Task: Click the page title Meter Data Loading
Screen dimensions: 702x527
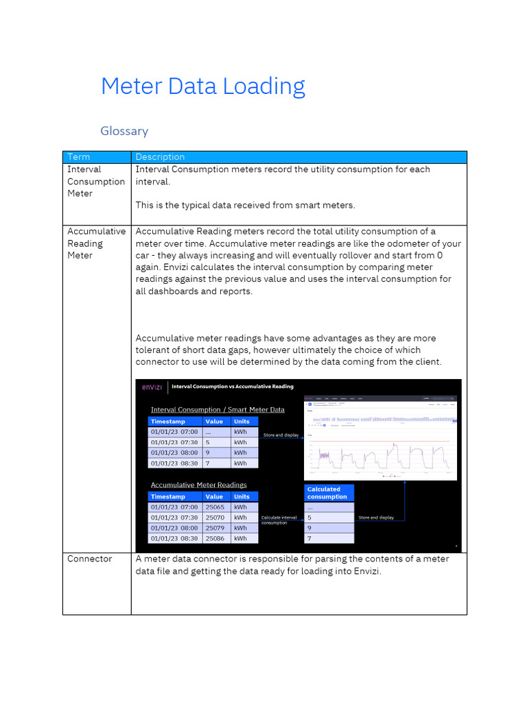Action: coord(202,86)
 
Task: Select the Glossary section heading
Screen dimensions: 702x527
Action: coord(124,131)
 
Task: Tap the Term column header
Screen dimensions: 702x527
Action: coord(79,157)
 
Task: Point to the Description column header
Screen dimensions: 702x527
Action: coord(160,157)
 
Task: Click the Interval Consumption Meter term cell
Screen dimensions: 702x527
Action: coord(95,181)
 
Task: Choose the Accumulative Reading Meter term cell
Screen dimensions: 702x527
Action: coord(96,243)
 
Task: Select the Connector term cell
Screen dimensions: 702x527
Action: coord(89,559)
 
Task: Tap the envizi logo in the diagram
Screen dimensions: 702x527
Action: coord(152,387)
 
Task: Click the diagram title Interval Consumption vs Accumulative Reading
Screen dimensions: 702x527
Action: coord(232,387)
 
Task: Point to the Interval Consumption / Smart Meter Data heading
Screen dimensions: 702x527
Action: coord(218,410)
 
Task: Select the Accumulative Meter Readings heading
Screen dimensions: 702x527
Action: coord(198,485)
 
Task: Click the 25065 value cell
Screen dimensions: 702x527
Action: coord(215,507)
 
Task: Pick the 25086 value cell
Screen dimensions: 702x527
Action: coord(215,538)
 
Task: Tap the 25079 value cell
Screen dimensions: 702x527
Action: coord(215,528)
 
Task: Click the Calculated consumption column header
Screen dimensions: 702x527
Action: coord(328,493)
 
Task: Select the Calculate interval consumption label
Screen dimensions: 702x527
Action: coord(279,520)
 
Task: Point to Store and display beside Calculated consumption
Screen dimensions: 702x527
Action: coord(376,518)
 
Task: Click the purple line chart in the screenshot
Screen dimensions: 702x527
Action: coord(381,456)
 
